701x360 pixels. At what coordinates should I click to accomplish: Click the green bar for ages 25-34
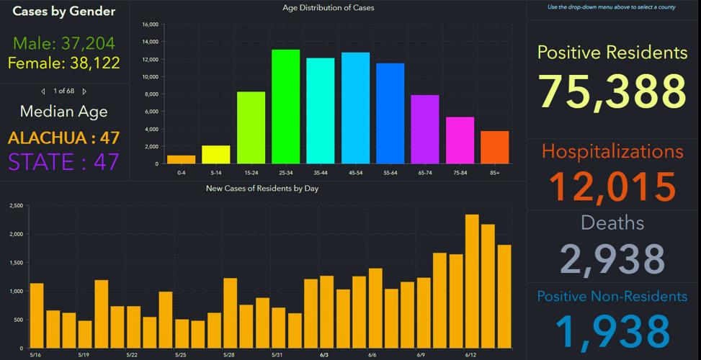(x=285, y=107)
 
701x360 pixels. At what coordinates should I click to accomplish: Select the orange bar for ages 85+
(x=494, y=148)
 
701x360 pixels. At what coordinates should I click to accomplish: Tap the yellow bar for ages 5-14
(x=215, y=155)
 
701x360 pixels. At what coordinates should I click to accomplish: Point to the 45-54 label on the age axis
(x=355, y=173)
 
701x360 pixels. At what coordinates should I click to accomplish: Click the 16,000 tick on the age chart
(x=150, y=24)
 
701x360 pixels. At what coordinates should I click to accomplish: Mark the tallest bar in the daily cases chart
(x=472, y=282)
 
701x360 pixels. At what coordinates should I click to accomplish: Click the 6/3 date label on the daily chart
(x=324, y=355)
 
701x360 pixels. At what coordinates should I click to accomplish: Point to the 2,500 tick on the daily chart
(x=16, y=206)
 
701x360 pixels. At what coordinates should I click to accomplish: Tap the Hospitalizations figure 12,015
(x=612, y=186)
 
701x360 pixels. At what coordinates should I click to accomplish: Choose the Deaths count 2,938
(x=612, y=259)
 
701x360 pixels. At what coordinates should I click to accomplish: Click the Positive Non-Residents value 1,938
(x=612, y=330)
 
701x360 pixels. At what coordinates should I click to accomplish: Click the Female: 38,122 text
(x=64, y=63)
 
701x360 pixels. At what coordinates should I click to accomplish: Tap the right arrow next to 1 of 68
(x=84, y=91)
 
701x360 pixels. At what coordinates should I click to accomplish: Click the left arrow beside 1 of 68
(x=43, y=91)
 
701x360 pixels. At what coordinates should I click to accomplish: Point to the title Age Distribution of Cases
(x=329, y=8)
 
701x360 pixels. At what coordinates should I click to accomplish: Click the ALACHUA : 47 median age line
(x=64, y=138)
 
